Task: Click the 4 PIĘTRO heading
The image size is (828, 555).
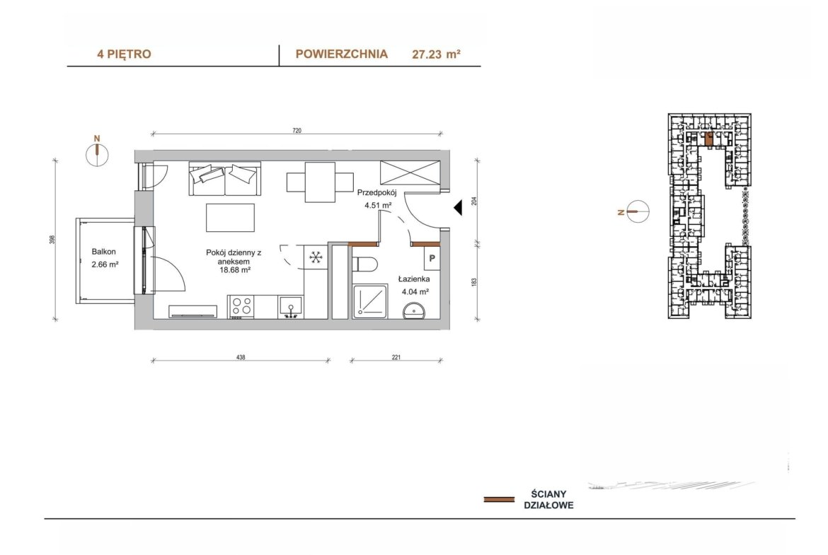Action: click(124, 54)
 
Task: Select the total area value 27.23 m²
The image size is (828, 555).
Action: click(436, 54)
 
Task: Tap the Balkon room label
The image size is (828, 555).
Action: click(103, 252)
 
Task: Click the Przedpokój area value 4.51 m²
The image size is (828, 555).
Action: click(378, 205)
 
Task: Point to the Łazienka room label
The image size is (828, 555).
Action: click(414, 279)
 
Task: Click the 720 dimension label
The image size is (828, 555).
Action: click(297, 130)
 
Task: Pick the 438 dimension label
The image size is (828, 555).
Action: click(241, 357)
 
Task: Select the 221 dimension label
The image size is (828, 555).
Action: click(396, 357)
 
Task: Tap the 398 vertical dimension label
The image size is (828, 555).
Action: click(52, 240)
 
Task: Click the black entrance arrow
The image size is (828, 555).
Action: click(458, 207)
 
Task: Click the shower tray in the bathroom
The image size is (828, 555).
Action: click(370, 302)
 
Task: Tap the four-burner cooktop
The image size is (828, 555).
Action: click(241, 307)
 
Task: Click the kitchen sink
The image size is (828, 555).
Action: click(290, 307)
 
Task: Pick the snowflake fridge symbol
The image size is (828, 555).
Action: click(316, 257)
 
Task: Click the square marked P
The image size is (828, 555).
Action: click(432, 259)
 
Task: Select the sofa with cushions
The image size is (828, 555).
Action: click(225, 178)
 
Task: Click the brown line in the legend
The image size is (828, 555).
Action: click(499, 499)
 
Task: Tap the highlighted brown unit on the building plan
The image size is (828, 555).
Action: click(709, 139)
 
